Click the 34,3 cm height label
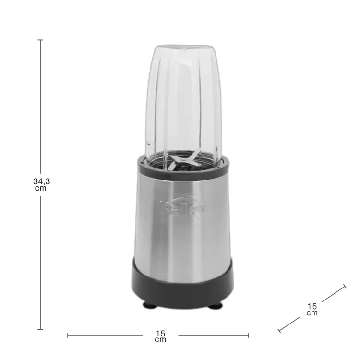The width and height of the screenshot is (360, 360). coord(42,185)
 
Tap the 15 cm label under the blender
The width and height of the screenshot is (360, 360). coord(160,336)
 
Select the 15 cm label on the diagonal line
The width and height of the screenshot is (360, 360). coord(312,309)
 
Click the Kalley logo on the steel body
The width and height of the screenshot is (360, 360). coord(183,209)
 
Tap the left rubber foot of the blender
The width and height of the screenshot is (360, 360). coord(150,305)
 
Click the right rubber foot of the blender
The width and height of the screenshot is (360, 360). coord(215,306)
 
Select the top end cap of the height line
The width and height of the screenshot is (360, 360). coord(40,40)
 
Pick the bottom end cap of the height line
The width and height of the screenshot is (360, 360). coord(40,329)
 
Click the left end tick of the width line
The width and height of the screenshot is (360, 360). coord(68,336)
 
